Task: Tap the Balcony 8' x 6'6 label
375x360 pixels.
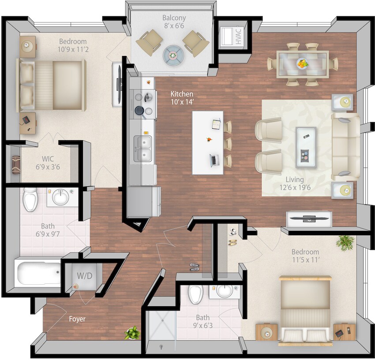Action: (x=174, y=22)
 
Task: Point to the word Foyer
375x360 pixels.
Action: (x=77, y=319)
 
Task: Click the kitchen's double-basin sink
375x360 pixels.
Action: (x=142, y=148)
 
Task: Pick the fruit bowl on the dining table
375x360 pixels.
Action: (x=302, y=63)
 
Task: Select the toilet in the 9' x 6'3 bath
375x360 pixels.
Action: (x=195, y=293)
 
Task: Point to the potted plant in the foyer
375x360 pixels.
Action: (x=132, y=333)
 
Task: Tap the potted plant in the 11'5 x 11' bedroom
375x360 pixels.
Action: (x=345, y=241)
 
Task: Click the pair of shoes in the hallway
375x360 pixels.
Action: (x=195, y=266)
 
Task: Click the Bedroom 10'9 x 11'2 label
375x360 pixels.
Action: (x=73, y=46)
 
